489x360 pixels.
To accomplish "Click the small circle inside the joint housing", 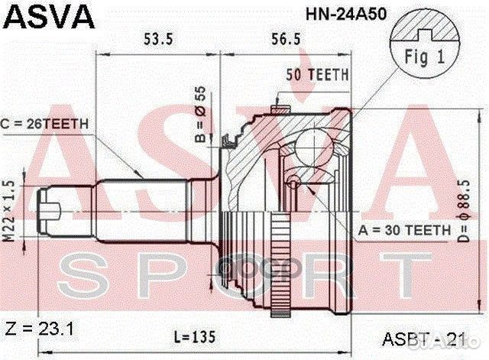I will pos(293,182).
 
